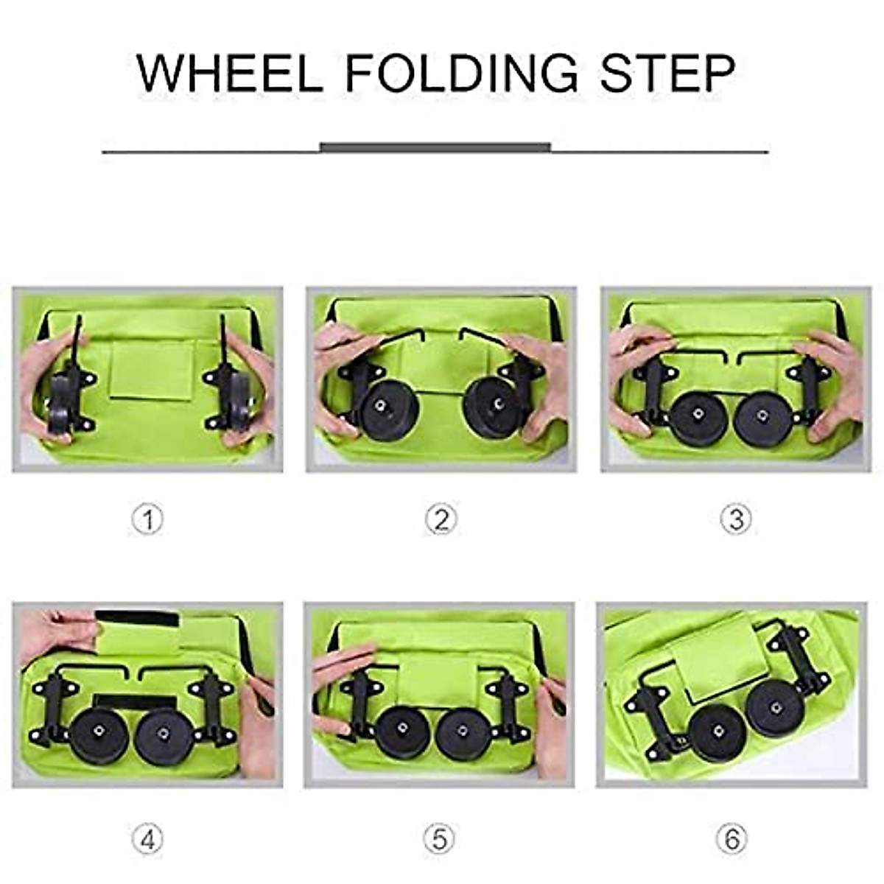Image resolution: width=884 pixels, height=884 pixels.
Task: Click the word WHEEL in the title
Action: pos(230,72)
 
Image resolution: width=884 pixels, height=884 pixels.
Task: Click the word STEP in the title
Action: pos(667,72)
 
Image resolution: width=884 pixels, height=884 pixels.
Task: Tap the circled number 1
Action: pos(147,520)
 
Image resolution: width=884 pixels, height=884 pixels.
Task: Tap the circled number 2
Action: pos(441,520)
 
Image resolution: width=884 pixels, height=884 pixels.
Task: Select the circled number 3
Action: pos(735,520)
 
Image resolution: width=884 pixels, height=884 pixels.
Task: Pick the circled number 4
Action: pos(147,839)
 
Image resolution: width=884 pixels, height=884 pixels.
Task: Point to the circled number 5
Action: pos(439,839)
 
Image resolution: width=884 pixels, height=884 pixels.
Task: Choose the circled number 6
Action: pos(732,839)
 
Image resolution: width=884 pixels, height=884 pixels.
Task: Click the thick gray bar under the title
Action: pos(435,147)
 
